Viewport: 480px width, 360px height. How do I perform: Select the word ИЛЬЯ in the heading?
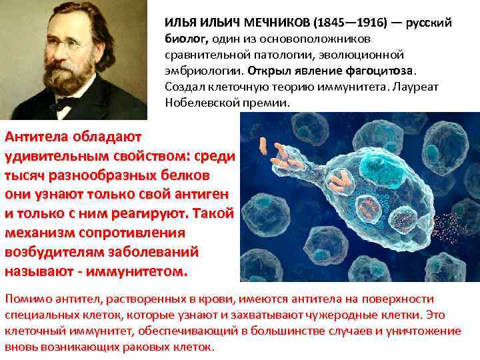click(x=179, y=23)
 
